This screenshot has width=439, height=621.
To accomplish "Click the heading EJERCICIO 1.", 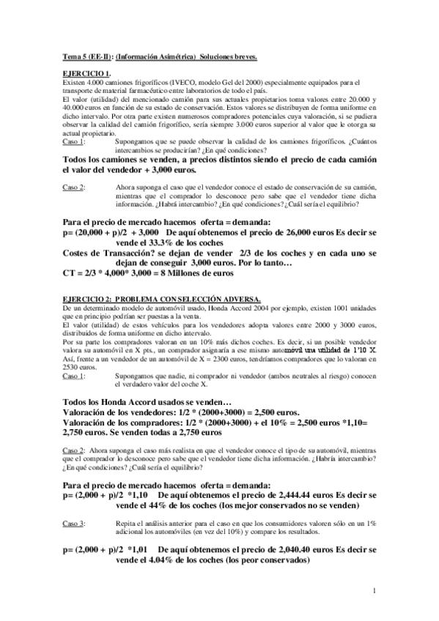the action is coord(86,73).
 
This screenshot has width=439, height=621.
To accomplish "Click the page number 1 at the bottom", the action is coord(374,590).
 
